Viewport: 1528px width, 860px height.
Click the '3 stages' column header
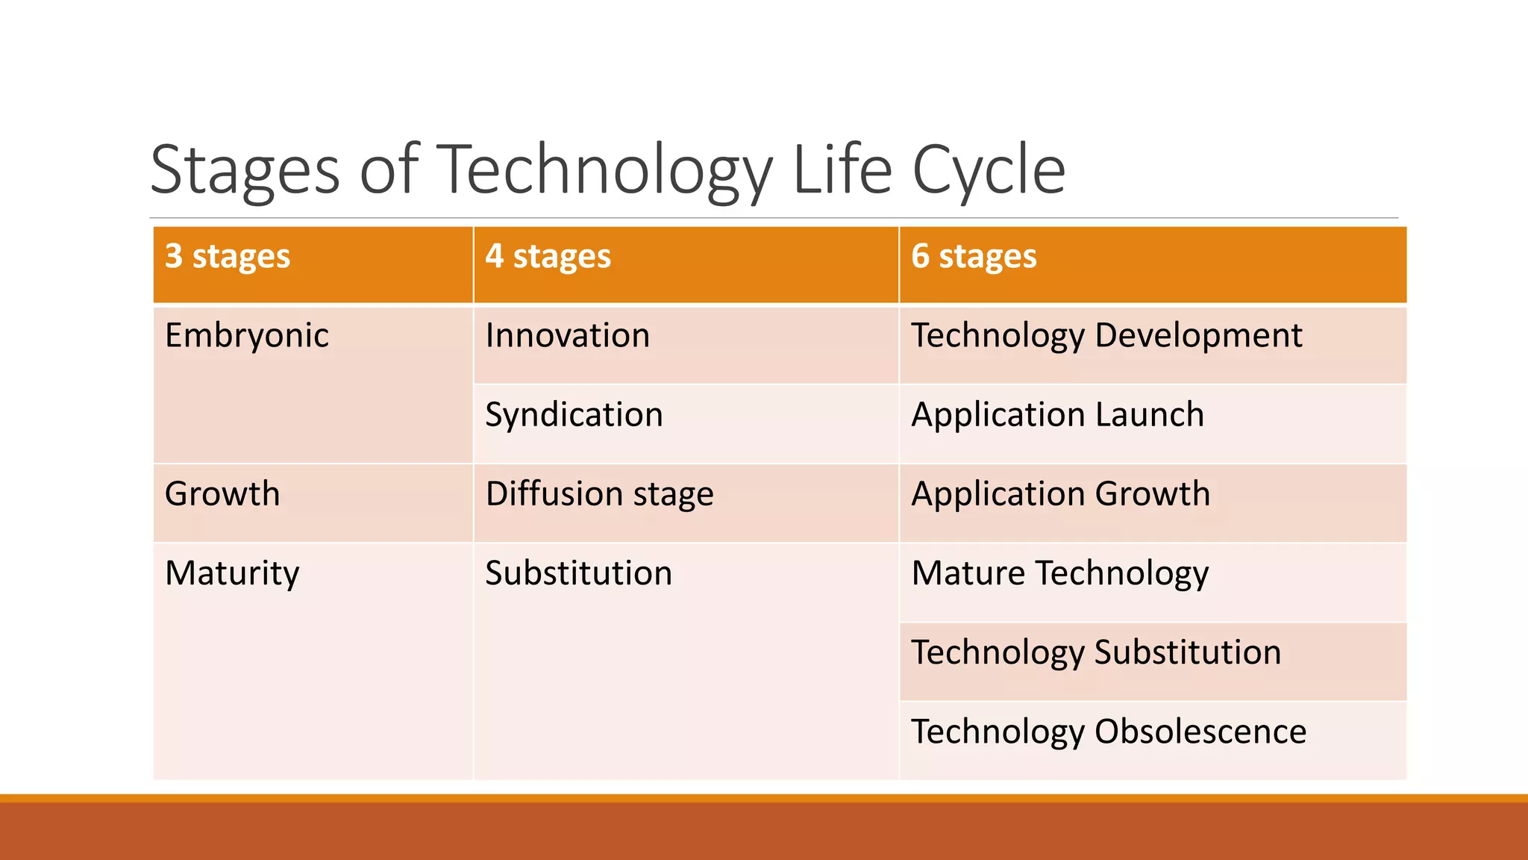[x=227, y=257]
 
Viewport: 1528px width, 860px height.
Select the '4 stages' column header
[x=548, y=257]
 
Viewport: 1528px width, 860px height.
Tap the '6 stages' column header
[x=974, y=257]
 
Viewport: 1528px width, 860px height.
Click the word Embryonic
[x=246, y=336]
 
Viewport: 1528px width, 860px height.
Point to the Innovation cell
[x=567, y=336]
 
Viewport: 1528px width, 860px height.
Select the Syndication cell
[x=574, y=415]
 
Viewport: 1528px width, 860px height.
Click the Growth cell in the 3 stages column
[x=222, y=494]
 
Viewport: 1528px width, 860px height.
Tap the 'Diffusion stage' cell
[x=599, y=494]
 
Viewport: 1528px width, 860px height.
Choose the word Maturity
[x=232, y=573]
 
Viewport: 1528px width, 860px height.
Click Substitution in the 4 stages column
[x=578, y=573]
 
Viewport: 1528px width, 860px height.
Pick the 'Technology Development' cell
[x=1106, y=336]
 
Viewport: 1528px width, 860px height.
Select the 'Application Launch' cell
[x=1057, y=415]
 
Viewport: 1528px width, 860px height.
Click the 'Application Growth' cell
[x=1060, y=494]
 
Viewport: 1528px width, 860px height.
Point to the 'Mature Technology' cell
[x=1059, y=573]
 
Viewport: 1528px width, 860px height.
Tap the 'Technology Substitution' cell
[x=1096, y=652]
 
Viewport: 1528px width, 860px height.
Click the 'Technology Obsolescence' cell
[x=1109, y=732]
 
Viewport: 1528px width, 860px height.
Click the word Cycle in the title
[x=989, y=170]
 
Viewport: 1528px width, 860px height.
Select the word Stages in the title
[x=245, y=170]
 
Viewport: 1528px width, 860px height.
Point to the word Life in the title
[x=842, y=170]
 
